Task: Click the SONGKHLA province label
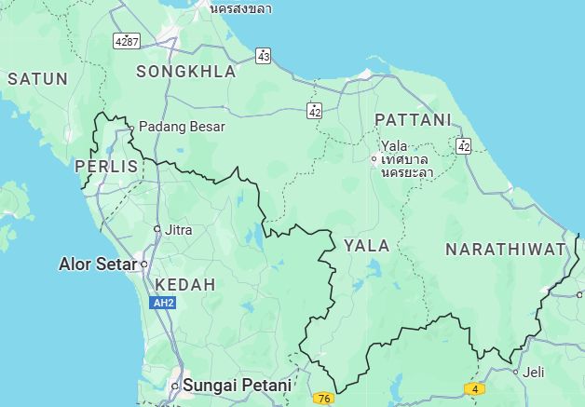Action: coord(186,71)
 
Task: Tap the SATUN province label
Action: coord(37,79)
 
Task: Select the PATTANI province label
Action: coord(413,119)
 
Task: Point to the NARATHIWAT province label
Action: coord(505,249)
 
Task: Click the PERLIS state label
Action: coord(105,166)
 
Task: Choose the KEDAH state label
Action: coord(184,284)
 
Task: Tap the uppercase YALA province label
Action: coord(367,246)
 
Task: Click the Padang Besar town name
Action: coord(182,127)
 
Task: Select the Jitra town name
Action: coord(179,229)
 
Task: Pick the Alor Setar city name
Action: coord(97,264)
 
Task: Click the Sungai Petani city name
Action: coord(237,384)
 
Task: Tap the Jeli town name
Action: coord(534,373)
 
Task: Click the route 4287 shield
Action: coord(126,41)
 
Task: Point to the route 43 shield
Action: coord(264,56)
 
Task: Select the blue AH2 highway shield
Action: coord(161,303)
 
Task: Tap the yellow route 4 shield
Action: coord(475,388)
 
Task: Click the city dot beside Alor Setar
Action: coord(144,265)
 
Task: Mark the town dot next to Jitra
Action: coord(157,229)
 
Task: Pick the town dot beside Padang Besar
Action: coord(131,128)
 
